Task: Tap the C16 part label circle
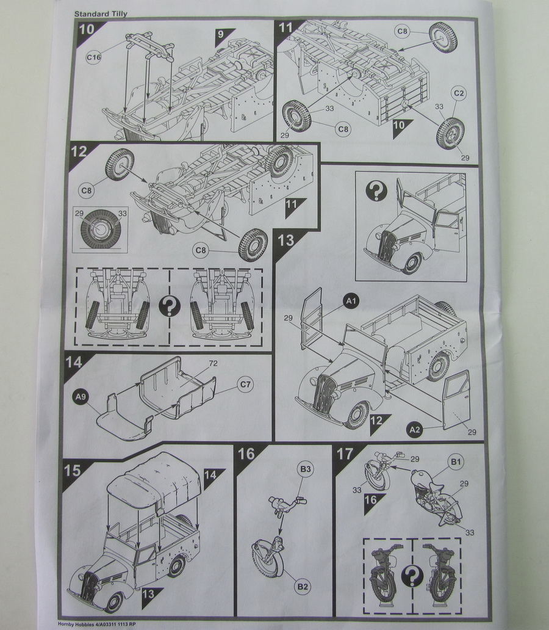(93, 57)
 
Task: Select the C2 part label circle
(459, 93)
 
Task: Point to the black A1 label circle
(351, 300)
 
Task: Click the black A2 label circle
(415, 430)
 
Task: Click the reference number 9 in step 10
(220, 34)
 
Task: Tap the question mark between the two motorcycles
(413, 575)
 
